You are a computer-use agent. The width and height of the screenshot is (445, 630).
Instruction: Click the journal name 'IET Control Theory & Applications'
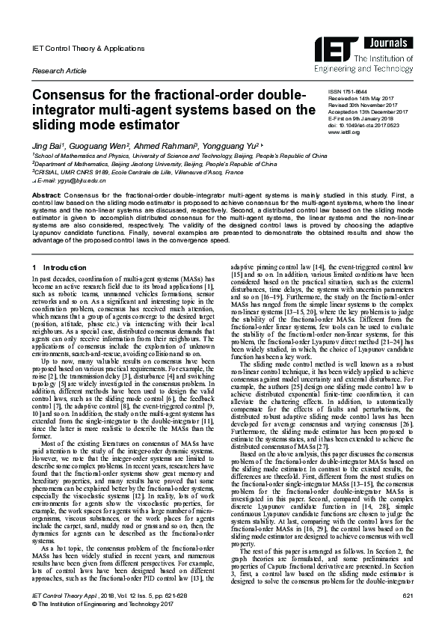(81, 47)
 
